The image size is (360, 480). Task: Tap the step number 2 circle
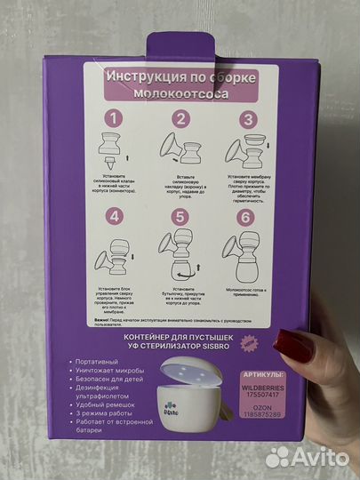[x=180, y=117]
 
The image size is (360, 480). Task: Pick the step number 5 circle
[x=180, y=215]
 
